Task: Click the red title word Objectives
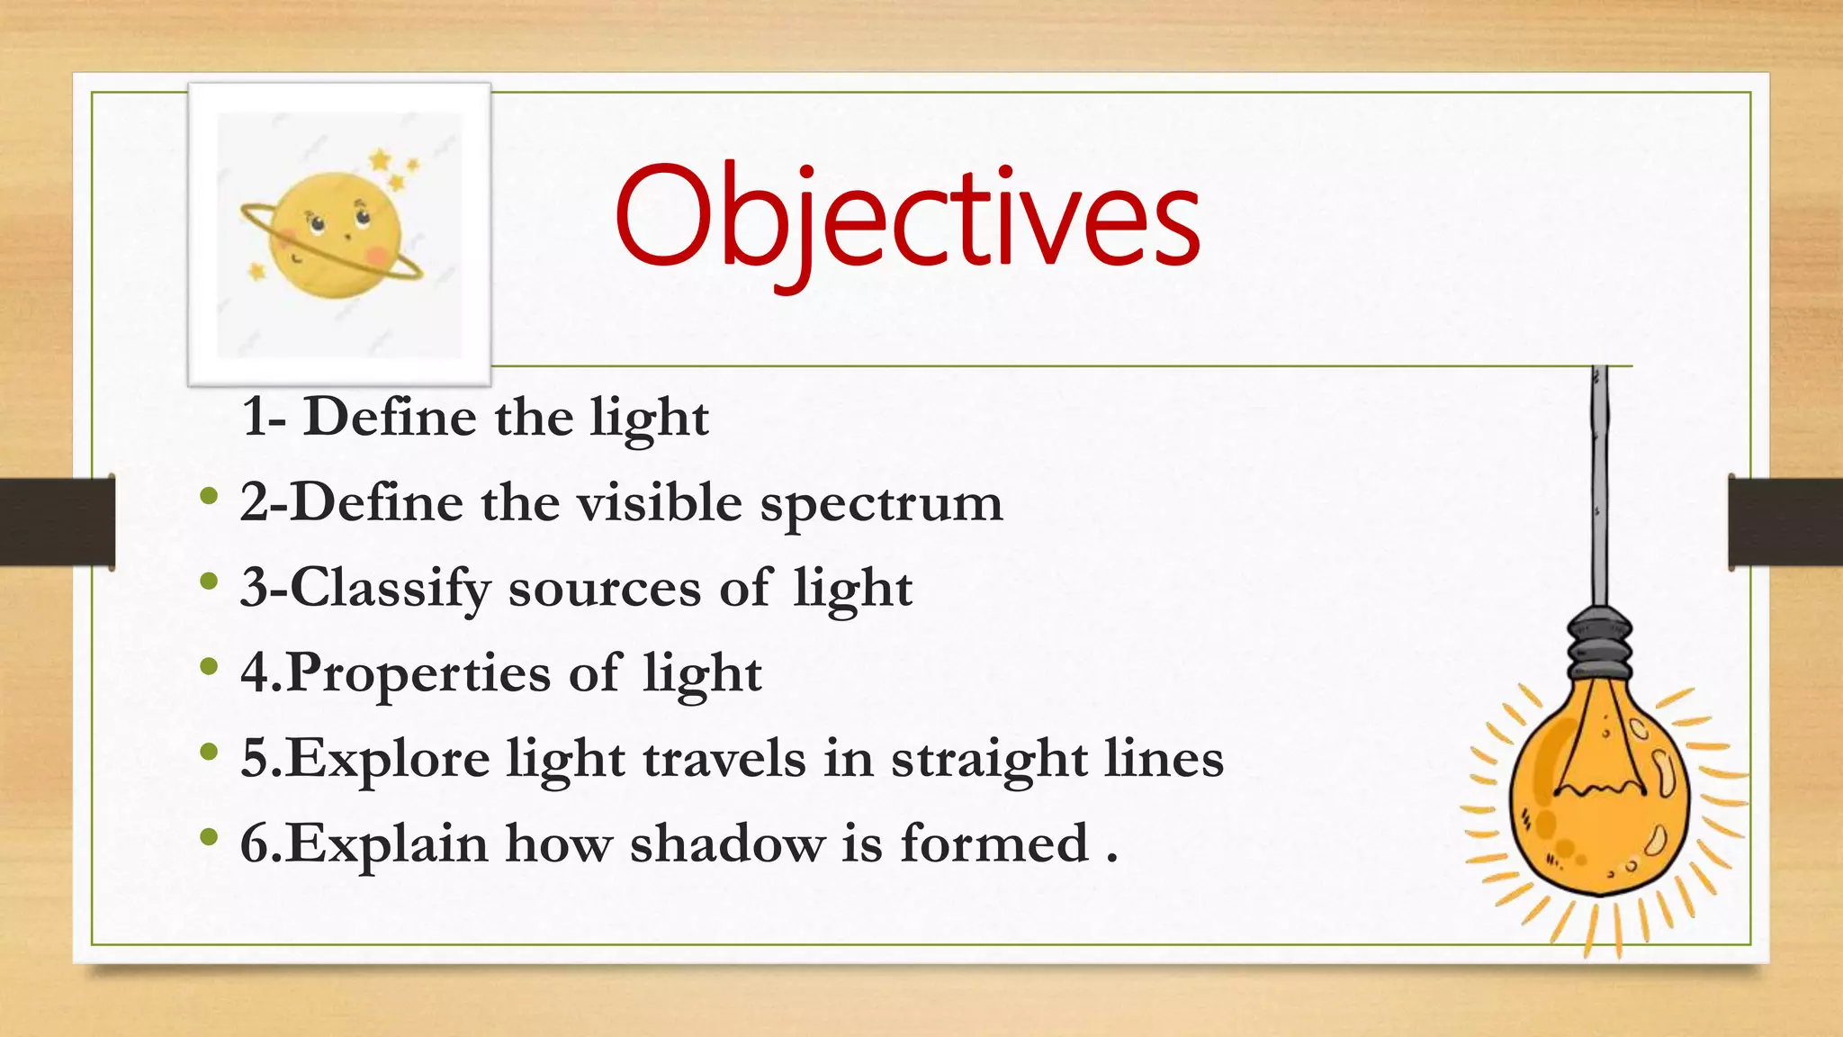[x=907, y=218]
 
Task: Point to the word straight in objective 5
[x=989, y=760]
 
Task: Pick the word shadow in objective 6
[x=726, y=844]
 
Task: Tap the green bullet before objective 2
[x=209, y=496]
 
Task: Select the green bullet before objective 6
[x=209, y=837]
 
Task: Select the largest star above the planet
[x=381, y=161]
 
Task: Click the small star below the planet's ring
[x=257, y=270]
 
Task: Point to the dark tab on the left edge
[x=57, y=523]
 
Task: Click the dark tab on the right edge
[x=1785, y=523]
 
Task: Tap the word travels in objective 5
[x=724, y=760]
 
